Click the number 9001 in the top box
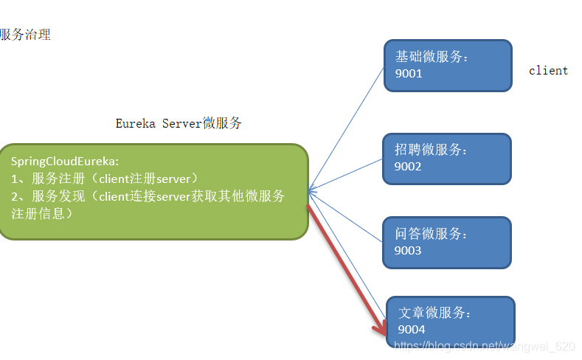pyautogui.click(x=409, y=74)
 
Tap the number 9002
pyautogui.click(x=408, y=167)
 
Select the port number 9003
pyautogui.click(x=408, y=251)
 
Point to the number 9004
pyautogui.click(x=412, y=330)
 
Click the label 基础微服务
pyautogui.click(x=432, y=57)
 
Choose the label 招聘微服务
pyautogui.click(x=432, y=150)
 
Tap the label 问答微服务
pyautogui.click(x=432, y=234)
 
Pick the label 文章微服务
pyautogui.click(x=434, y=313)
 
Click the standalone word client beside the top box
pyautogui.click(x=548, y=71)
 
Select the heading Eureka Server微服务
pyautogui.click(x=179, y=124)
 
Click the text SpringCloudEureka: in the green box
pyautogui.click(x=65, y=161)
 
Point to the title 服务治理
pyautogui.click(x=25, y=35)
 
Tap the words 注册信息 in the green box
pyautogui.click(x=41, y=214)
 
